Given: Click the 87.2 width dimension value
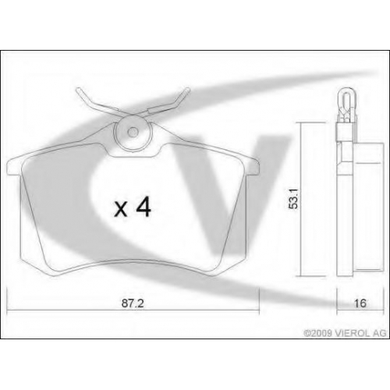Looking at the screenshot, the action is point(133,303).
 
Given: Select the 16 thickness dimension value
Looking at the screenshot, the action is point(360,303).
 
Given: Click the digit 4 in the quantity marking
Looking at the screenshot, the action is point(143,207).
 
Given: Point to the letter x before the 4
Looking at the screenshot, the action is point(121,210).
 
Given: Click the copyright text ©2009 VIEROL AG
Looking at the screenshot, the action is point(346,333).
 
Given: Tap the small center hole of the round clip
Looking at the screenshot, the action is point(133,132).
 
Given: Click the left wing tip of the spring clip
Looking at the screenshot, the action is point(78,90).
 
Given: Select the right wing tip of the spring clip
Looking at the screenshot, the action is point(187,90).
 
